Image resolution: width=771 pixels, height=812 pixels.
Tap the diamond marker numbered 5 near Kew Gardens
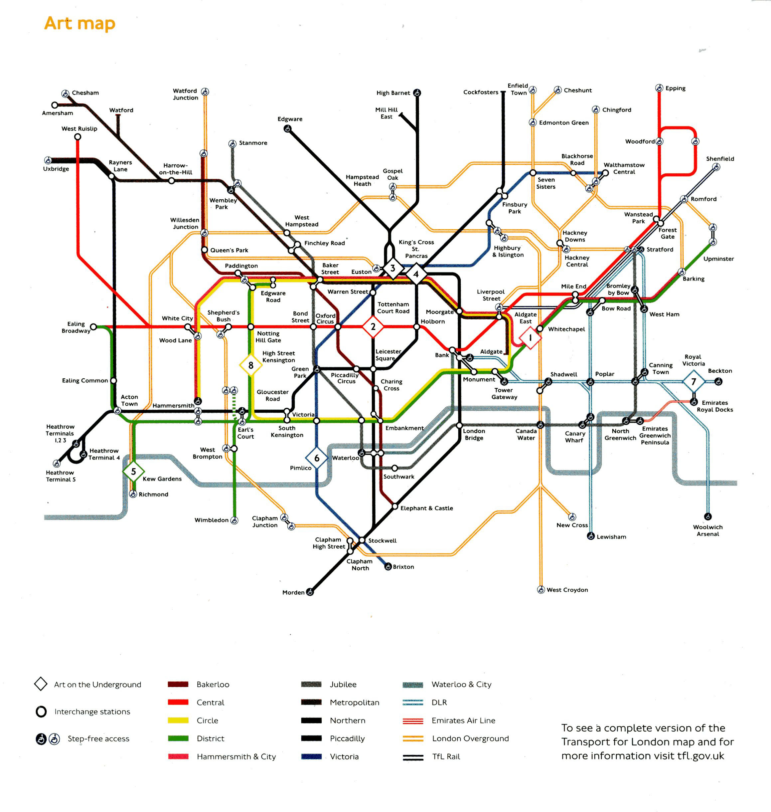tap(133, 472)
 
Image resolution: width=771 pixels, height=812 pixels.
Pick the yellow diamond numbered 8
tap(251, 365)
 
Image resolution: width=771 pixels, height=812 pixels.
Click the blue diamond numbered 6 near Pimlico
tap(316, 458)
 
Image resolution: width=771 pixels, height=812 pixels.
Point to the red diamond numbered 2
tap(373, 327)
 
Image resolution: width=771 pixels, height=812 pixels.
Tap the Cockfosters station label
tap(480, 92)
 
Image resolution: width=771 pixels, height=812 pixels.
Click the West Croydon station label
tap(567, 590)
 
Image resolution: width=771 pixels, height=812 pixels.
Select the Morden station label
tap(293, 592)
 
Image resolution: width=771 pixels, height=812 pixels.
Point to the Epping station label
tap(675, 89)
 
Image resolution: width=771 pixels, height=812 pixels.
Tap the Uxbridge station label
tap(56, 169)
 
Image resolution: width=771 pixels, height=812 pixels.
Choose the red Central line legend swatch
tap(178, 702)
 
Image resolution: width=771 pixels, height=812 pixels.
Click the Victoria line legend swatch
tap(311, 756)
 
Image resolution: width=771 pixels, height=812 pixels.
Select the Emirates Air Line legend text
tap(463, 720)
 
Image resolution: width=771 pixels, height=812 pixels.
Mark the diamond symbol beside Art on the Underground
tap(41, 684)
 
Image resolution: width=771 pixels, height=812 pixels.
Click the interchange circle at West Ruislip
tap(78, 137)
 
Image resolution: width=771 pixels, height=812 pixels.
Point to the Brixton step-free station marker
tap(387, 566)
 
